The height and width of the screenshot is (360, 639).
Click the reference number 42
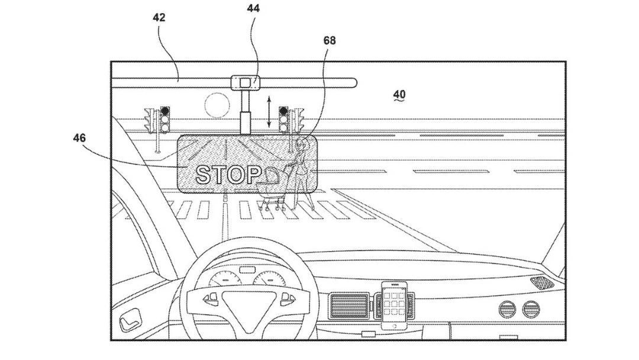(x=159, y=18)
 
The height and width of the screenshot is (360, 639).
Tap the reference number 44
(x=253, y=8)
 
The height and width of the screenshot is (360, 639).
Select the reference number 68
(x=330, y=40)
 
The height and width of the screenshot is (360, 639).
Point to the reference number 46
(x=79, y=138)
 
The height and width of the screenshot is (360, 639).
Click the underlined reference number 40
(x=399, y=95)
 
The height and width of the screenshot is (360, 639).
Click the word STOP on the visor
(x=228, y=175)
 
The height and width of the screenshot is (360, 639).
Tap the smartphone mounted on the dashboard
(x=394, y=305)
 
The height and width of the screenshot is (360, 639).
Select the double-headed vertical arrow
(x=269, y=111)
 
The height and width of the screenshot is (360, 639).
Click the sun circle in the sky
(x=217, y=105)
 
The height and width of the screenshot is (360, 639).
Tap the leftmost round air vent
(x=508, y=310)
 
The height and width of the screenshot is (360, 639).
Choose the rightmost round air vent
(x=531, y=310)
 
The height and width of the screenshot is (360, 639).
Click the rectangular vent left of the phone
(x=349, y=306)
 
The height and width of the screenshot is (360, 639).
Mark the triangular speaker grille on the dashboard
(x=541, y=282)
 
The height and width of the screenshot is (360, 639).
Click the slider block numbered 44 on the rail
(x=245, y=83)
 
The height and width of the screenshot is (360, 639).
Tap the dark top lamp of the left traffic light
(x=164, y=111)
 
